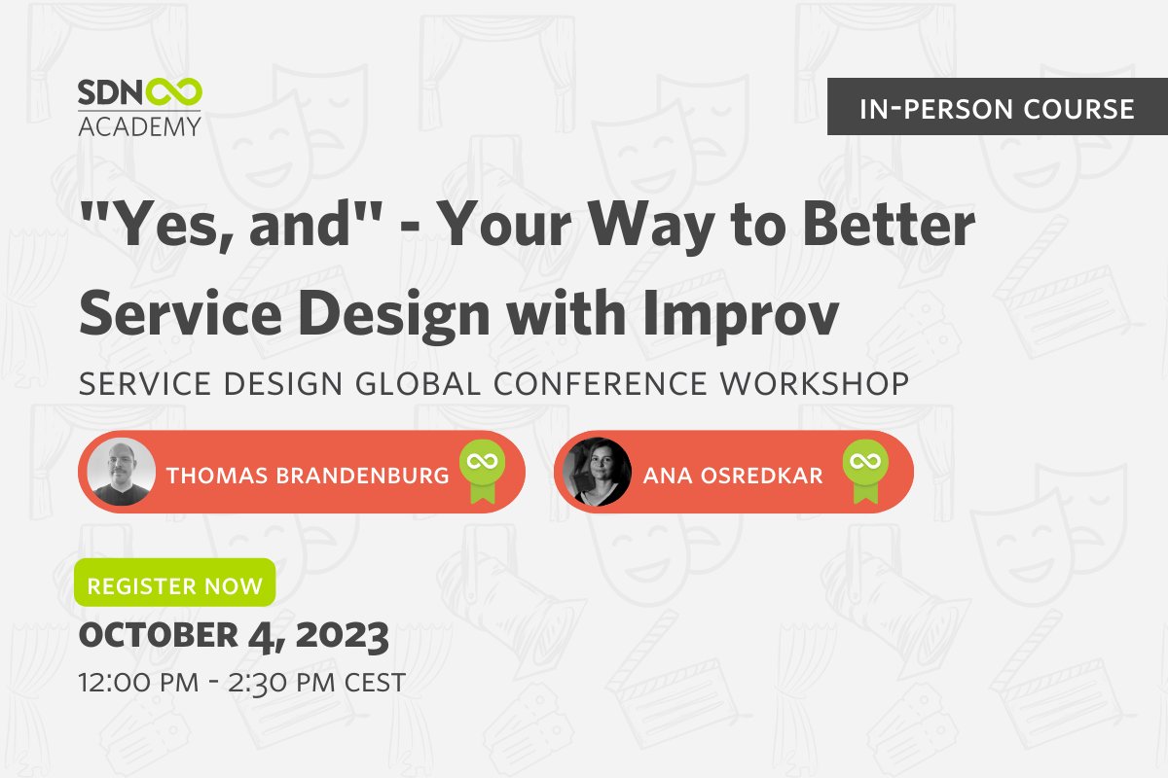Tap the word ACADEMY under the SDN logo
click(x=139, y=125)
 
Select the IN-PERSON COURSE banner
click(x=998, y=108)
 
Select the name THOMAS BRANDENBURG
click(x=308, y=476)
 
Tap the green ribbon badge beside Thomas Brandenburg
click(x=479, y=471)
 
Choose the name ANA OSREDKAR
click(x=733, y=476)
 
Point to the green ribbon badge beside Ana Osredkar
click(x=861, y=471)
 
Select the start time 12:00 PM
click(x=130, y=683)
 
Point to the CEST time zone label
click(x=375, y=683)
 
